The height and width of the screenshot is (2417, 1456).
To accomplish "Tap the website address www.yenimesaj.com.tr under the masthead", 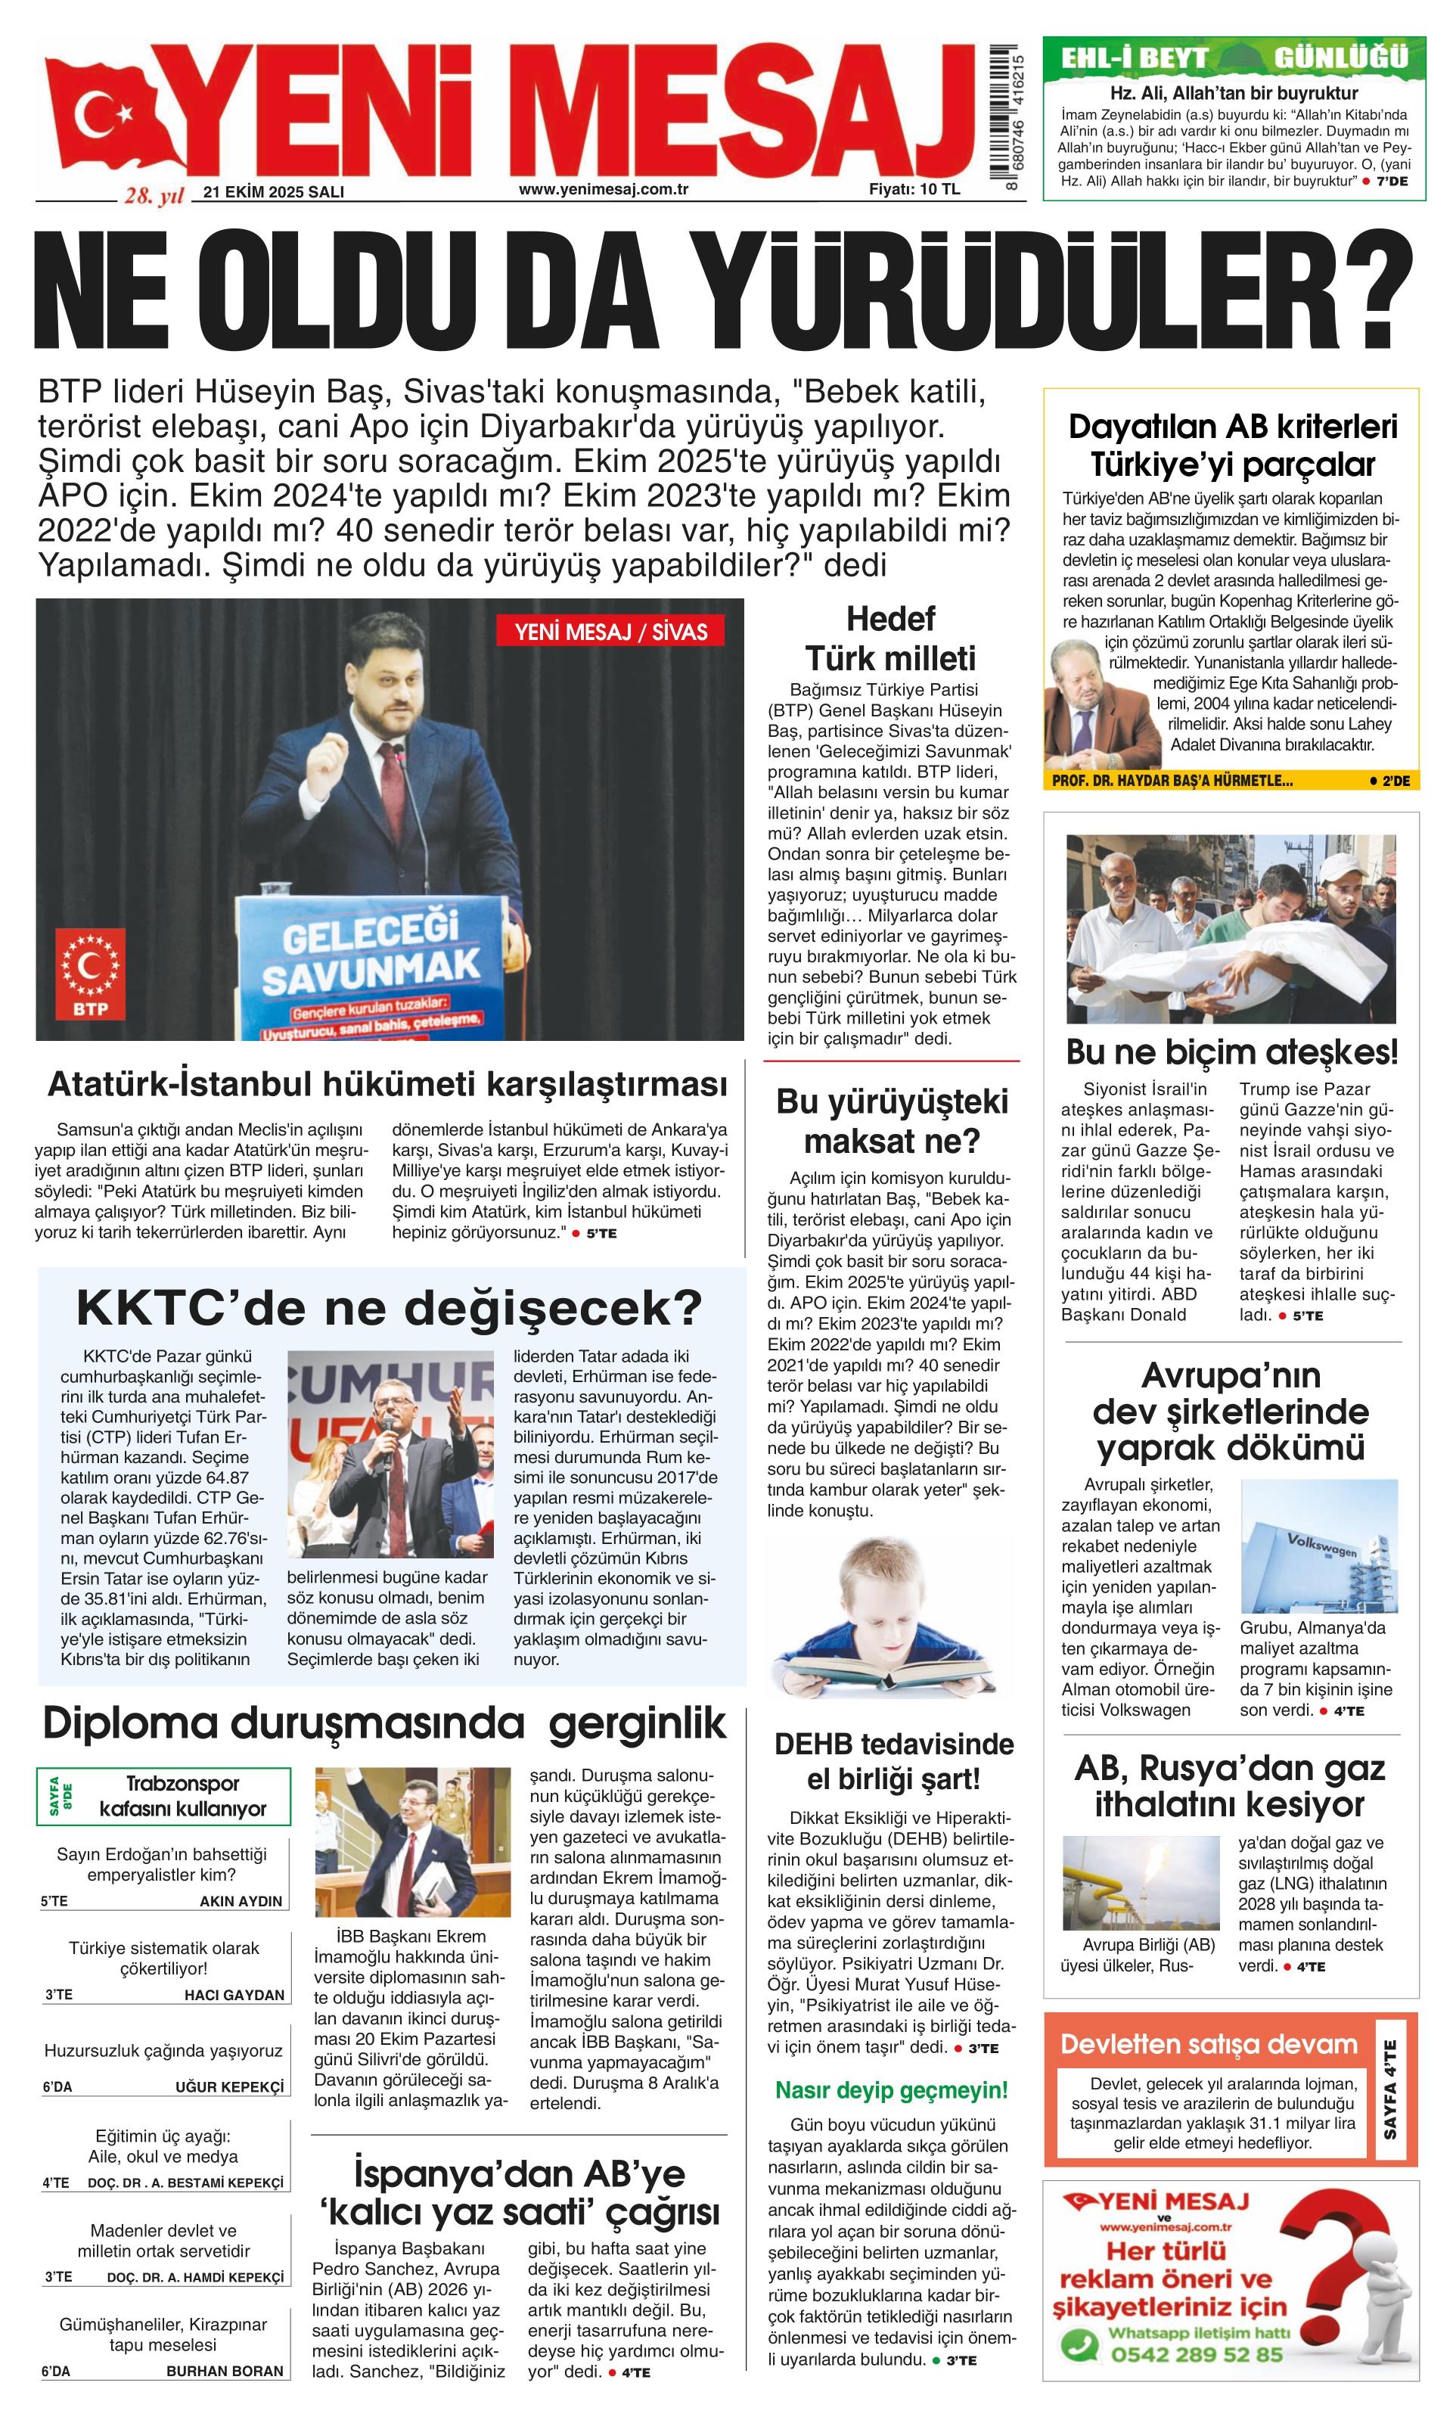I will (603, 188).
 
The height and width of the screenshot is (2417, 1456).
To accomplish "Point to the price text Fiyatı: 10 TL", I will (914, 189).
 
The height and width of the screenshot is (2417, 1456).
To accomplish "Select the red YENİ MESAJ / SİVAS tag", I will (611, 632).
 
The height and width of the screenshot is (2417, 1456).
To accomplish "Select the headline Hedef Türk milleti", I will (890, 638).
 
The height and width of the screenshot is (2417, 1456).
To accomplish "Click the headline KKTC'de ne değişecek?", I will (390, 1307).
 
